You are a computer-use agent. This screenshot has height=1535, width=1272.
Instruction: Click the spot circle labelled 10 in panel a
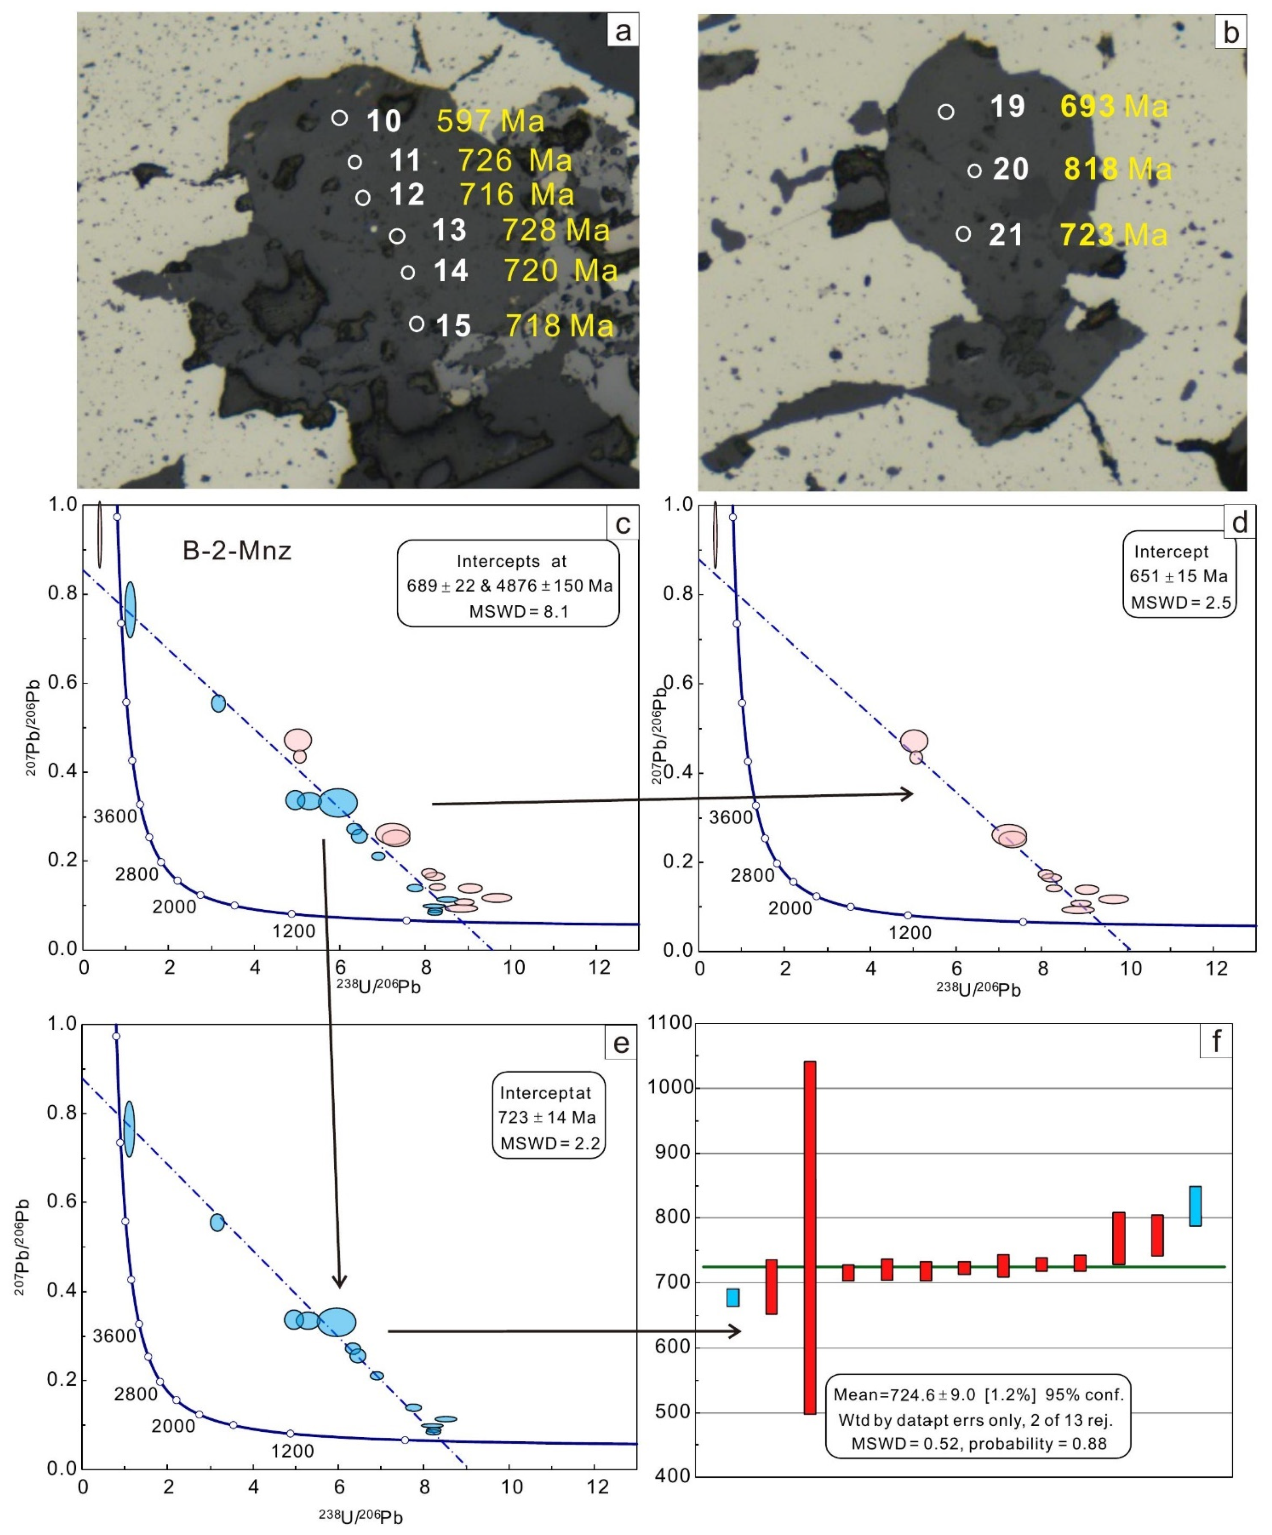tap(339, 118)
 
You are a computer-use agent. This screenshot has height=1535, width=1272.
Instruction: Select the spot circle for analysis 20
tap(974, 171)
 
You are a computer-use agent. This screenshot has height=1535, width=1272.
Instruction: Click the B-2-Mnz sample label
tap(237, 550)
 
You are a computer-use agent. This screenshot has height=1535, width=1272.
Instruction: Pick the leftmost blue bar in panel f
tap(732, 1298)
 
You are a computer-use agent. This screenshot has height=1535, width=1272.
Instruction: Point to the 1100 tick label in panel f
tap(669, 1023)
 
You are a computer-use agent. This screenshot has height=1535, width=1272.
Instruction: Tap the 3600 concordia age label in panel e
tap(114, 1336)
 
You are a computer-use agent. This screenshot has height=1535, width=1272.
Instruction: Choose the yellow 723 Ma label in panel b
tap(1114, 235)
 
